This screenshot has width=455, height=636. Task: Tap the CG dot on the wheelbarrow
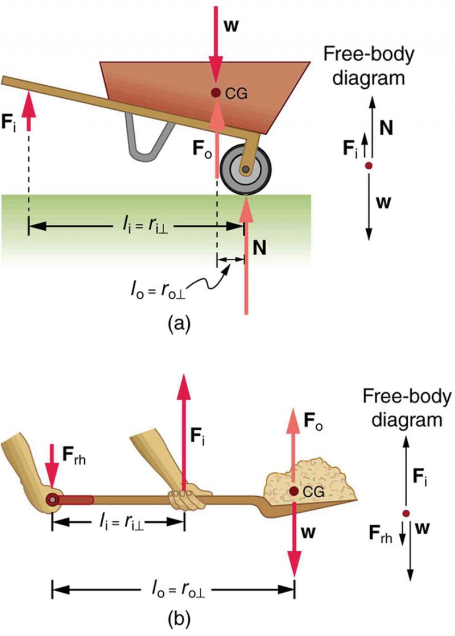coord(215,93)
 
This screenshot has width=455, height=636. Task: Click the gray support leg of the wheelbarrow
coord(149,136)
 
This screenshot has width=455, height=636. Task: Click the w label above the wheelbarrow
coord(230,26)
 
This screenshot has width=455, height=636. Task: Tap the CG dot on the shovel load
coord(294,491)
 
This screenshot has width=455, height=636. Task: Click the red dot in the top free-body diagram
coord(369,165)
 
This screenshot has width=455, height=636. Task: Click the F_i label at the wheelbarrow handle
coord(10,123)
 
